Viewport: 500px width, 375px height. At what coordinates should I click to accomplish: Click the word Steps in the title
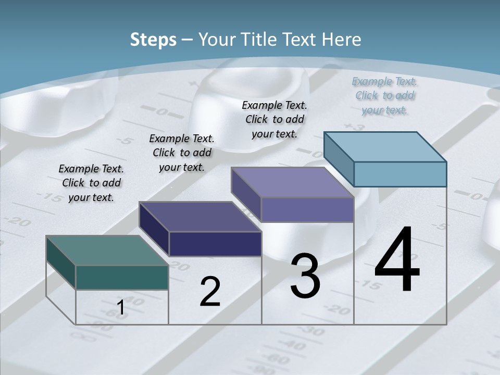coord(153,40)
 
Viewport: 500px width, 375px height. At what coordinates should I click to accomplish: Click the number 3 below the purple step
coord(305,276)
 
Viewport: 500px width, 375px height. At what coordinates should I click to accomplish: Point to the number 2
coord(210,292)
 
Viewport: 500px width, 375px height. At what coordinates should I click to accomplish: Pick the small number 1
coord(120,308)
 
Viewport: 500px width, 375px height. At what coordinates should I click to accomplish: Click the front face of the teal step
coord(122,277)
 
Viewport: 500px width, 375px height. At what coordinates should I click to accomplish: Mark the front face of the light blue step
coord(400,174)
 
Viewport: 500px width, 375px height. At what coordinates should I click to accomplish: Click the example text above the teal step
coord(91,183)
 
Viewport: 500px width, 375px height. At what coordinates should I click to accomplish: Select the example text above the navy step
coord(182,153)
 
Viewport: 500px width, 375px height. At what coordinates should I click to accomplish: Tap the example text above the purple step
coord(274,119)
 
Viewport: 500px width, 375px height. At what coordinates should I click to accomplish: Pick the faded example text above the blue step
coord(385,95)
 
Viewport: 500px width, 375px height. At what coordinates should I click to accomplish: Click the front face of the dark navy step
coord(215,244)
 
